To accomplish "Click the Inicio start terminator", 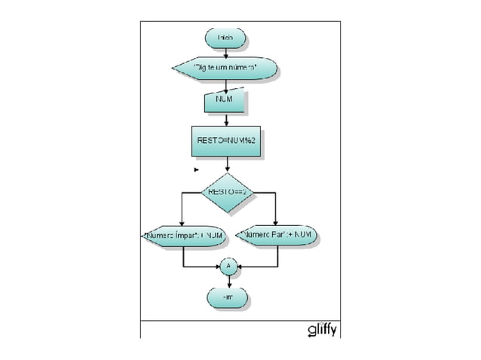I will [225, 38].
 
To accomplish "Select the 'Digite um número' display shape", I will [225, 69].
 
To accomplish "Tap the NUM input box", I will [225, 101].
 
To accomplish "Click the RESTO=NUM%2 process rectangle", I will [228, 141].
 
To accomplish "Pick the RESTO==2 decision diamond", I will [228, 193].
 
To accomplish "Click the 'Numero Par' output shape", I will [278, 236].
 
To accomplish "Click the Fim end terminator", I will [228, 298].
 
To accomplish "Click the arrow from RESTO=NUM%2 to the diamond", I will [228, 165].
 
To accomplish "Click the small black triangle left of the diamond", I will [197, 170].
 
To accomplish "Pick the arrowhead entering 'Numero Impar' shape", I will [182, 222].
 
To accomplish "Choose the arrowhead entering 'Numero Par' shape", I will [277, 222].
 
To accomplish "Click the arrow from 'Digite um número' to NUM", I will [225, 86].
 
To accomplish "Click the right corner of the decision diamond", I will [256, 193].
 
